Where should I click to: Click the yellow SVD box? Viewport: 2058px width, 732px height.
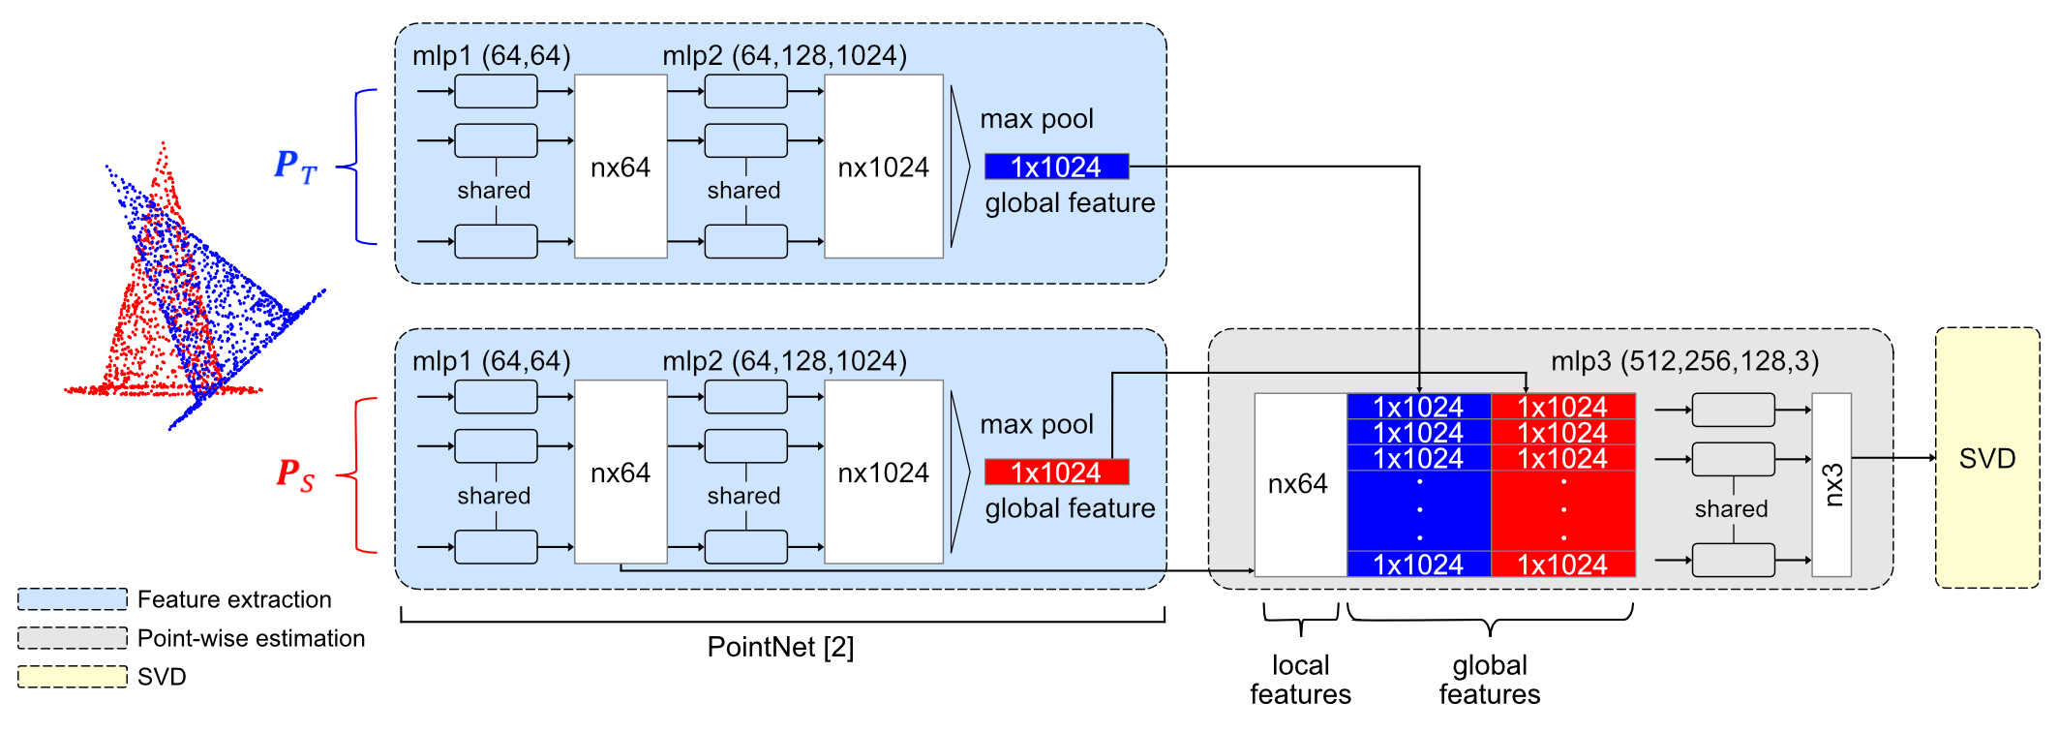click(1986, 458)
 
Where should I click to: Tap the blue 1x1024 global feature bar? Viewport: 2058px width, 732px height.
click(1056, 167)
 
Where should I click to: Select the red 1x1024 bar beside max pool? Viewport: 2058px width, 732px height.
click(1056, 473)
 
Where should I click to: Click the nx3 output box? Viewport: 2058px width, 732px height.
click(1831, 484)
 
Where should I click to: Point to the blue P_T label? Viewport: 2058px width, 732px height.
click(295, 166)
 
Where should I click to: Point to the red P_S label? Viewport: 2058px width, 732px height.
click(295, 473)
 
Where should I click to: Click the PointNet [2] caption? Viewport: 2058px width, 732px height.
click(780, 647)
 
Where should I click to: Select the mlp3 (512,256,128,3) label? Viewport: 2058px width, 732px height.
click(1684, 361)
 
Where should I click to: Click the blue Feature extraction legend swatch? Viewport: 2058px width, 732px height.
click(73, 599)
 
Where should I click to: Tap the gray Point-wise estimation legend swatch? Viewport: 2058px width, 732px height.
click(73, 638)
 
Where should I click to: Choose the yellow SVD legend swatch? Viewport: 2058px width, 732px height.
click(73, 677)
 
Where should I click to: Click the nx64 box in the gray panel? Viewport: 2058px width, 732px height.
click(1299, 484)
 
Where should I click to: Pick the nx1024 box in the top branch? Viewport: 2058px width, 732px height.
click(883, 167)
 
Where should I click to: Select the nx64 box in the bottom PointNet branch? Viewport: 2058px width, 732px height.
click(620, 473)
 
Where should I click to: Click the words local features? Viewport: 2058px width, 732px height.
click(1300, 680)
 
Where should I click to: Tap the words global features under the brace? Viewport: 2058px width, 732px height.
click(1490, 680)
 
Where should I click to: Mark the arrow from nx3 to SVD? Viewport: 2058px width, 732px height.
click(1893, 458)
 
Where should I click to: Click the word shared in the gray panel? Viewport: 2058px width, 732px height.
click(1731, 509)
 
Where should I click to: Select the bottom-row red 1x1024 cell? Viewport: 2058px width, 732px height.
click(1562, 564)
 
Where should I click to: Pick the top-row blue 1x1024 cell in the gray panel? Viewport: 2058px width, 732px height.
click(1418, 407)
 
